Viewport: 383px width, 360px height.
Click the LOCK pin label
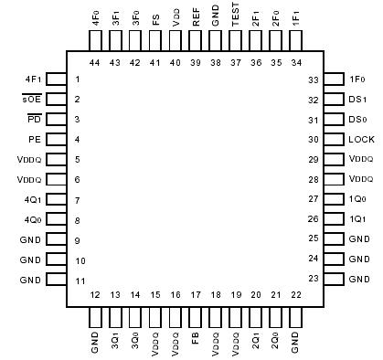(x=359, y=140)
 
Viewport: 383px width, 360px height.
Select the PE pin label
(x=33, y=140)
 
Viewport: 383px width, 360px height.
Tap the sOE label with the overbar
(x=31, y=100)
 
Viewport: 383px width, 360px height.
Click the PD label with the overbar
(x=33, y=120)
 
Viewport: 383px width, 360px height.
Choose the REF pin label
(x=196, y=19)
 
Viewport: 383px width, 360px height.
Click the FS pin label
(x=155, y=19)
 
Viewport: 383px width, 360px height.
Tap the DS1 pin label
(x=357, y=100)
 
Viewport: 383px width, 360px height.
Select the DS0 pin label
(x=357, y=120)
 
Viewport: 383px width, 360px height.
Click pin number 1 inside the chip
(x=78, y=79)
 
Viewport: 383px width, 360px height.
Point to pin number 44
(x=95, y=62)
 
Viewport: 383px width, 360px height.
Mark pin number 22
(x=294, y=294)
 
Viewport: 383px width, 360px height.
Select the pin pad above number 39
(x=196, y=41)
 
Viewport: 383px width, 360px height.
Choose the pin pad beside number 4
(x=56, y=140)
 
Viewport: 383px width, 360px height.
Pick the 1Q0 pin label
(x=358, y=199)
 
